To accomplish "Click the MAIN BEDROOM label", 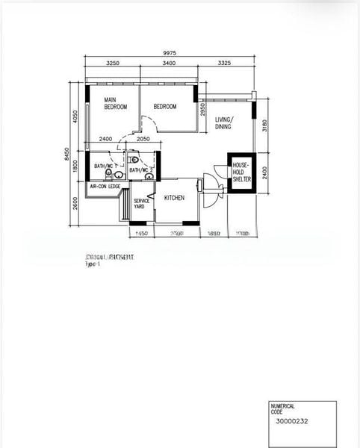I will coord(115,104).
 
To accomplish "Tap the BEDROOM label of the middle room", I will coord(165,107).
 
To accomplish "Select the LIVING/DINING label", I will coord(224,123).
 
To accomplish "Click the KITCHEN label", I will coord(175,198).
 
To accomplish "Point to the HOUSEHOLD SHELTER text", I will coord(240,172).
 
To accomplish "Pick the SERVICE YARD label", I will coord(142,203).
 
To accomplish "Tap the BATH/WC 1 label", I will coord(105,167).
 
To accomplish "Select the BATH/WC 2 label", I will coord(140,170).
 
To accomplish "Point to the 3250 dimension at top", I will coord(114,64).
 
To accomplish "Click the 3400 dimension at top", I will coord(169,64).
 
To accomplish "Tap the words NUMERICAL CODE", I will coord(284,408).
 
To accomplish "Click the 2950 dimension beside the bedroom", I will coord(203,110).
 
